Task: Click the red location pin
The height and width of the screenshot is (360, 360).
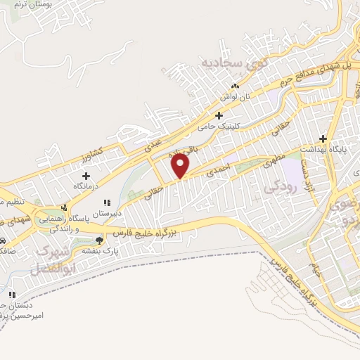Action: point(181,166)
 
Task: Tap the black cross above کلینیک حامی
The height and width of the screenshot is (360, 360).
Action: point(219,115)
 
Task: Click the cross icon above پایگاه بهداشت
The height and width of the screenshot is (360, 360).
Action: point(323,139)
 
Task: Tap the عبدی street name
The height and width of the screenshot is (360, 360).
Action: point(153,145)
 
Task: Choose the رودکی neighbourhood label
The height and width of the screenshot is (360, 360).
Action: point(276,188)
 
